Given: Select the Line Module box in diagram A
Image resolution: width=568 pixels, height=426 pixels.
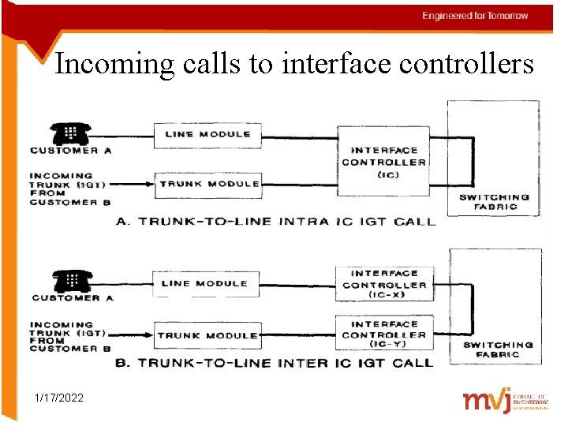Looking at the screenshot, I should click(207, 135).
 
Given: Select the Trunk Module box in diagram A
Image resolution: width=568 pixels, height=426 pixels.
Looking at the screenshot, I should click(207, 185).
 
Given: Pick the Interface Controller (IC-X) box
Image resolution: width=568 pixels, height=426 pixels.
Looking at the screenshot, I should click(384, 284).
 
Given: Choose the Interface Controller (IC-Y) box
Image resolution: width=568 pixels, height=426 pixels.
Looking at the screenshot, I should click(384, 334).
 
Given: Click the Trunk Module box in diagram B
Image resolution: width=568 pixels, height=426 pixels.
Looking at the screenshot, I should click(207, 335).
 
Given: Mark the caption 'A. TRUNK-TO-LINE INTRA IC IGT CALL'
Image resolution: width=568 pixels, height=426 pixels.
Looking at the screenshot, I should click(275, 222).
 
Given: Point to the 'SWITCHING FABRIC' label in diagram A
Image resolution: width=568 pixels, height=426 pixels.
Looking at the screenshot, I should click(495, 202).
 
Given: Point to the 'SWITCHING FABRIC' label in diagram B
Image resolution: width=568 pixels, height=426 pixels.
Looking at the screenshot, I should click(498, 349).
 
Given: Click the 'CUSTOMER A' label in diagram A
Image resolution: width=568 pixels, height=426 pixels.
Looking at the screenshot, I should click(76, 151).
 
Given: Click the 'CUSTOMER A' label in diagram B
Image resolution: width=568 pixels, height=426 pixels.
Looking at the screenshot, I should click(77, 298).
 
